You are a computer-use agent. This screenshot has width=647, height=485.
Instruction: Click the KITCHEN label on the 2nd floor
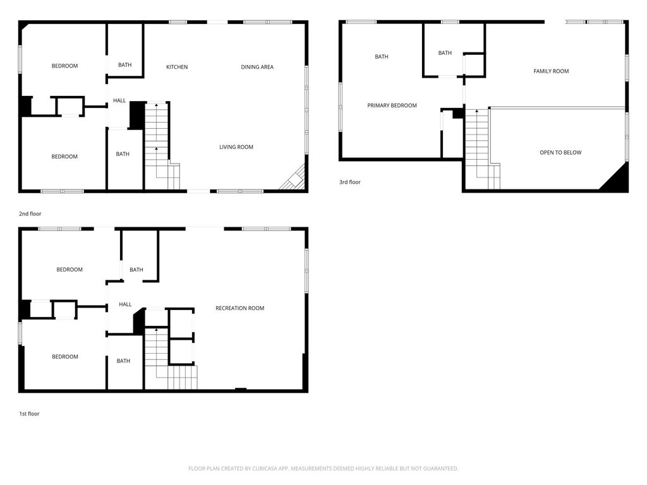pos(177,67)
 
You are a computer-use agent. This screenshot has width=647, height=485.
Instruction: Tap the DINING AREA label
pos(257,67)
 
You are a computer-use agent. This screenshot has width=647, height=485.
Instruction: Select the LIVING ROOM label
pos(236,147)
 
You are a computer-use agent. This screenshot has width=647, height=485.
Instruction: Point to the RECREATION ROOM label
pos(239,308)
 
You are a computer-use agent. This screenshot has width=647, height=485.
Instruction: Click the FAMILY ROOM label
pos(551,71)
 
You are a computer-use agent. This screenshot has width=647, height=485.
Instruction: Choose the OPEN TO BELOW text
pos(560,153)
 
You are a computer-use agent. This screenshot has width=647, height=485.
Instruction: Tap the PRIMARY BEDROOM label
pos(392,105)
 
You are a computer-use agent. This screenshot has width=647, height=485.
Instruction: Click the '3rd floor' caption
pos(350,182)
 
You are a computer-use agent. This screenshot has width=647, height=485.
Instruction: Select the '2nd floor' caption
pos(30,213)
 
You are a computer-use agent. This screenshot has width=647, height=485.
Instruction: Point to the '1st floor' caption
pos(29,414)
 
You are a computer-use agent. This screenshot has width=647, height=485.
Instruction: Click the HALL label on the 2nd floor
pos(119,100)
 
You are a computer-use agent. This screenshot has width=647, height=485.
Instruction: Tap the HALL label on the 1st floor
pos(125,304)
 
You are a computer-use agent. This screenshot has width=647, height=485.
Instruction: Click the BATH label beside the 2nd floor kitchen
pos(124,65)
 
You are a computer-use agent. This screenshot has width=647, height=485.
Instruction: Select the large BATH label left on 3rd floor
pos(381,56)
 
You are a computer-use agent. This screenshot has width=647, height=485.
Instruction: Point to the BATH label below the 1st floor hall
pos(123,361)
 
